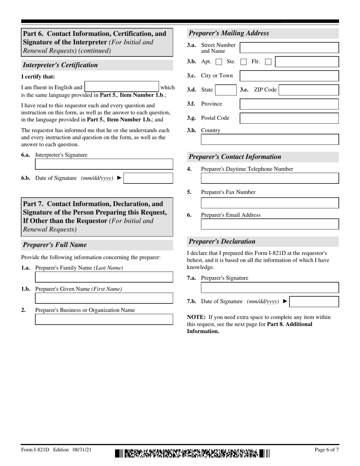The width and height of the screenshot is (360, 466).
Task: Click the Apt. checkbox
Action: point(219,62)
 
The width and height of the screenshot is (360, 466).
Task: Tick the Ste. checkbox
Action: point(244,62)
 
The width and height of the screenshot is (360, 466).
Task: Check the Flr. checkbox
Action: point(268,62)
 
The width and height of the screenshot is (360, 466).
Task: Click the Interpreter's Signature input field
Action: point(104,164)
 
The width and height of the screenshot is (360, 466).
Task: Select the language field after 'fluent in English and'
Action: point(121,87)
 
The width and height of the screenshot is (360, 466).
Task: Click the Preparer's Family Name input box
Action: point(104,277)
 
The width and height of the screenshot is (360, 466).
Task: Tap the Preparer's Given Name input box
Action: point(104,298)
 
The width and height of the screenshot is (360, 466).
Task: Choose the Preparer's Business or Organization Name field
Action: point(104,319)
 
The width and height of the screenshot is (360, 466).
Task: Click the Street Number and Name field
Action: point(289,48)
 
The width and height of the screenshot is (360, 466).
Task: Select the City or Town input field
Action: point(289,76)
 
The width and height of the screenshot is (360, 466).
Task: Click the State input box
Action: point(225,90)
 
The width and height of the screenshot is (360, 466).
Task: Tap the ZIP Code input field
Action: point(309,90)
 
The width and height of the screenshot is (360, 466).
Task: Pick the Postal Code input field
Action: point(289,118)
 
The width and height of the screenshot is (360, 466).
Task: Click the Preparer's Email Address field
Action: point(269,224)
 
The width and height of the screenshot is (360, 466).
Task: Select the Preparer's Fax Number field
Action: point(269,203)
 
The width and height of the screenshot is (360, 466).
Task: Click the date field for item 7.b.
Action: point(314,302)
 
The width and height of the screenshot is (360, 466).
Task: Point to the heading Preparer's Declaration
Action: point(222,241)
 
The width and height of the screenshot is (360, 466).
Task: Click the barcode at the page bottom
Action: point(193,453)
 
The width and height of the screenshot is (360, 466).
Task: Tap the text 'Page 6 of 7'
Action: point(327,450)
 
